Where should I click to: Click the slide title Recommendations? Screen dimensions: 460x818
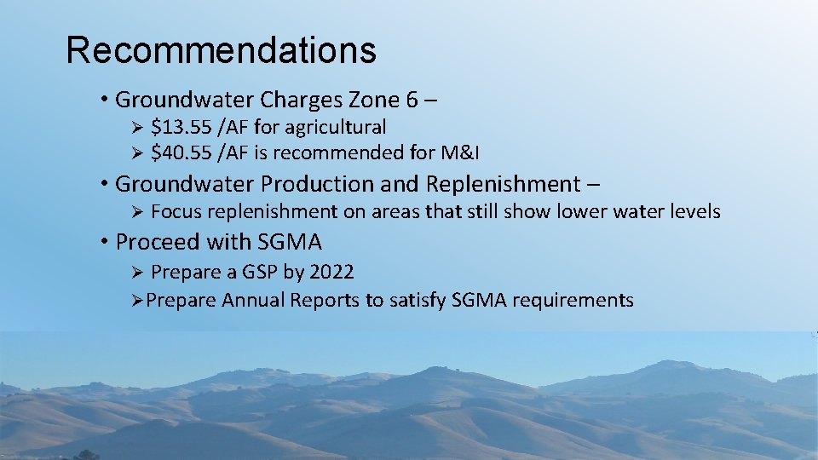(221, 50)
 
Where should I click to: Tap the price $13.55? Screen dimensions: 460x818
(181, 128)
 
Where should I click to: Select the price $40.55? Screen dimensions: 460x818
(181, 153)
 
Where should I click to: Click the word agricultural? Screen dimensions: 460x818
(335, 128)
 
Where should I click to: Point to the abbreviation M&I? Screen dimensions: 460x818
(460, 153)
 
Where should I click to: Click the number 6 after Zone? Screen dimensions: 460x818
(412, 101)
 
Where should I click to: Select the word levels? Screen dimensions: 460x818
(692, 211)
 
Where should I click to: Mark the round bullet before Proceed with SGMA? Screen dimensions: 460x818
(104, 243)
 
